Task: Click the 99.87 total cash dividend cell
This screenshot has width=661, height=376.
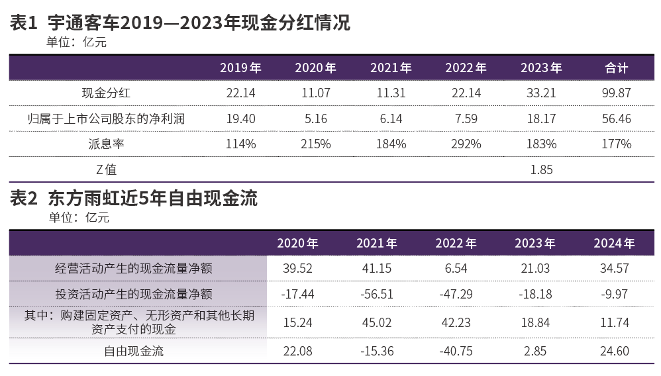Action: click(x=616, y=93)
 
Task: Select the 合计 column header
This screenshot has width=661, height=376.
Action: click(x=616, y=68)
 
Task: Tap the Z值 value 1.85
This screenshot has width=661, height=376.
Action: click(x=541, y=169)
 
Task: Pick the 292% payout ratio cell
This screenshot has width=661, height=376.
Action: click(x=466, y=144)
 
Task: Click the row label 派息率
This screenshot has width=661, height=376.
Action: click(x=106, y=144)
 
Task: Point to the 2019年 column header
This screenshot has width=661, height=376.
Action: click(x=240, y=68)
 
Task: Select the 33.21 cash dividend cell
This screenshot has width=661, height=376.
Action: click(x=541, y=93)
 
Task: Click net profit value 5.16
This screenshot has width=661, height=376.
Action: click(x=316, y=118)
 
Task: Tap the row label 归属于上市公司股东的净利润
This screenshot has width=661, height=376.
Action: click(x=106, y=118)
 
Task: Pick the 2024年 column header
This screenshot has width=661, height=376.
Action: click(x=614, y=243)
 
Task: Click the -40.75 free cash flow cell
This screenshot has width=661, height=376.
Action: click(x=456, y=351)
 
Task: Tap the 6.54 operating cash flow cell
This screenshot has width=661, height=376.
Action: click(x=456, y=268)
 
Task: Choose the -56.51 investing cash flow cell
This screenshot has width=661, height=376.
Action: click(x=377, y=294)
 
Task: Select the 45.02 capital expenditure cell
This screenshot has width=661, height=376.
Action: click(x=377, y=322)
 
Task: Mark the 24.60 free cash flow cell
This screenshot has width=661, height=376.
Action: click(x=614, y=351)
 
